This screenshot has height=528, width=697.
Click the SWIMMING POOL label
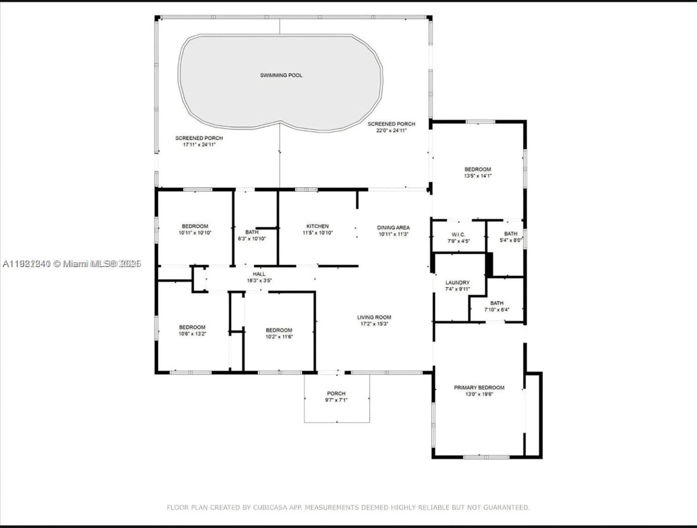pyautogui.click(x=281, y=75)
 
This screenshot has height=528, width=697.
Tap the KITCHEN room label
pyautogui.click(x=317, y=226)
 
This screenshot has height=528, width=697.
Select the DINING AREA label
pyautogui.click(x=393, y=227)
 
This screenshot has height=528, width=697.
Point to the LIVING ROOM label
pyautogui.click(x=374, y=317)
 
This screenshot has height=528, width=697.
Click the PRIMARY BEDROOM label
pyautogui.click(x=479, y=388)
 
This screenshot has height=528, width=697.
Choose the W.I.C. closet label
pyautogui.click(x=458, y=235)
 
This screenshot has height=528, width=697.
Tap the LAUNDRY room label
pyautogui.click(x=457, y=282)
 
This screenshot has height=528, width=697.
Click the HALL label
pyautogui.click(x=259, y=274)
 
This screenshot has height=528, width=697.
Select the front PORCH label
pyautogui.click(x=336, y=393)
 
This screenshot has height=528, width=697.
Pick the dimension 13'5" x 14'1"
pyautogui.click(x=478, y=176)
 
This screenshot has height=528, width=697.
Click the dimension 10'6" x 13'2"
pyautogui.click(x=192, y=334)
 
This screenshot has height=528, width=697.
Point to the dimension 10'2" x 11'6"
pyautogui.click(x=279, y=337)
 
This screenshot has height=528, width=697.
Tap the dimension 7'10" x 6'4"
pyautogui.click(x=497, y=310)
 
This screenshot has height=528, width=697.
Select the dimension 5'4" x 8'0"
pyautogui.click(x=511, y=240)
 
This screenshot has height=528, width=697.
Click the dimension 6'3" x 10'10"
pyautogui.click(x=252, y=238)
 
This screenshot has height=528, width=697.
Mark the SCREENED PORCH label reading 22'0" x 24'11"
pyautogui.click(x=391, y=124)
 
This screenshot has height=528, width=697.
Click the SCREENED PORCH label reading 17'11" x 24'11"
pyautogui.click(x=199, y=138)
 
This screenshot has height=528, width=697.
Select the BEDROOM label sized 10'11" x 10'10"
pyautogui.click(x=195, y=226)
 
